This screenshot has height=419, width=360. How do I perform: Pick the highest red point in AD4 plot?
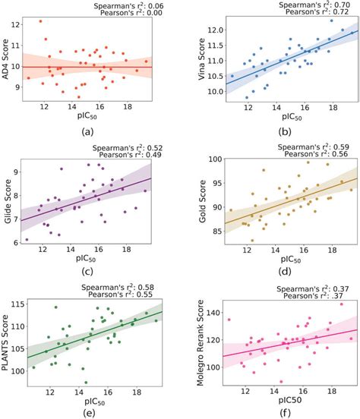point(40,21)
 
